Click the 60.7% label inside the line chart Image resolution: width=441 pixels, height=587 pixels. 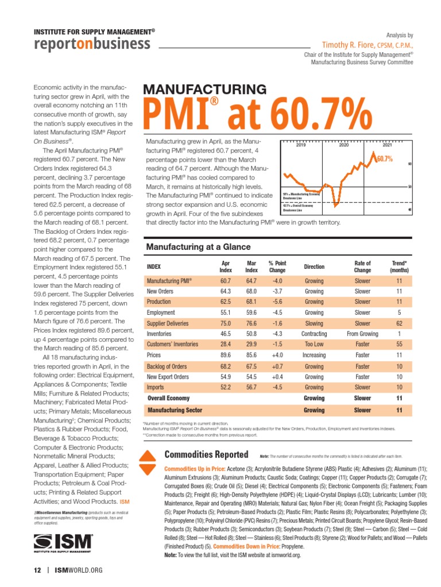coord(384,159)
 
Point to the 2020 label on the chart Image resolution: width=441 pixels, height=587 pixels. coord(344,146)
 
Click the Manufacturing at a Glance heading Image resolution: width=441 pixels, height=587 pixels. coord(199,247)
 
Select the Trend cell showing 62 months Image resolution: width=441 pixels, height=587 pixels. coord(399,323)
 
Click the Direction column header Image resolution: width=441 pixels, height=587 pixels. coord(314,267)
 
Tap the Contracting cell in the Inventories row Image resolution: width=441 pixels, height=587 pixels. coord(314,334)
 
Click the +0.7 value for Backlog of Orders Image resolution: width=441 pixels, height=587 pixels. coord(277,366)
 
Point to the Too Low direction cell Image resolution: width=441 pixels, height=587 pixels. coord(314,345)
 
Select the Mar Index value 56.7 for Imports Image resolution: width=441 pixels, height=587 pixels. coord(252,387)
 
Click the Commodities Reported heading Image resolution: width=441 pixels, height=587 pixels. coord(206,455)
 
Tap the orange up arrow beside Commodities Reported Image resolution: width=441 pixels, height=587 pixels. coord(148,455)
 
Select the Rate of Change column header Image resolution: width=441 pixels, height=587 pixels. coord(362,267)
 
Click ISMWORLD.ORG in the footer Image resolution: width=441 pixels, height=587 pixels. coord(78,570)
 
